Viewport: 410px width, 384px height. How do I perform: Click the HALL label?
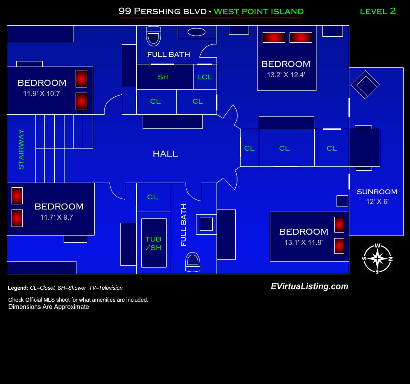pos(165,154)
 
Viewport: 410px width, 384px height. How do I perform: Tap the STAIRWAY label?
pos(21,149)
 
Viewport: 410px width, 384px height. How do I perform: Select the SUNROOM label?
pos(377,192)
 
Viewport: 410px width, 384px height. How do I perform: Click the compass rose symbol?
pos(377,259)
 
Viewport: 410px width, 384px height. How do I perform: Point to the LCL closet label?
pos(205,77)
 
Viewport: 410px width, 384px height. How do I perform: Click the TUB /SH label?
pos(153,243)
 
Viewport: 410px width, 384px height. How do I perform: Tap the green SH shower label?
pos(163,77)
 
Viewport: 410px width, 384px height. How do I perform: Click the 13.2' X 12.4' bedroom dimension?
pos(286,75)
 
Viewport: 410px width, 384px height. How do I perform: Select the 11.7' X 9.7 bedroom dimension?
pos(56,217)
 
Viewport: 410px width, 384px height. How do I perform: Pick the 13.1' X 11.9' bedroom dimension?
pos(303,242)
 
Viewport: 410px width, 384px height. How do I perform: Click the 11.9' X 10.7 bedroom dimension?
pos(41,93)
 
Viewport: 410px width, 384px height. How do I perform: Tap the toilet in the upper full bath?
pos(153,36)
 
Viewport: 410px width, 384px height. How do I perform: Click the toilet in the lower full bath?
pos(193,262)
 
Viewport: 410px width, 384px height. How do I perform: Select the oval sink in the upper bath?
pos(196,32)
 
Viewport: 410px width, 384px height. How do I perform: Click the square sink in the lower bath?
pos(206,224)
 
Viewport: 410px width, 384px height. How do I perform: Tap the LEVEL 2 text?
pos(378,11)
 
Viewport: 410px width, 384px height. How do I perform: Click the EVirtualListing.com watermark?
pos(309,287)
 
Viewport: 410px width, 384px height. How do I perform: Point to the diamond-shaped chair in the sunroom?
pos(365,84)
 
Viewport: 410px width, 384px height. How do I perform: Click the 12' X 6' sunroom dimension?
pos(377,202)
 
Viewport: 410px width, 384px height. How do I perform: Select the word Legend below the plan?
pos(18,288)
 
